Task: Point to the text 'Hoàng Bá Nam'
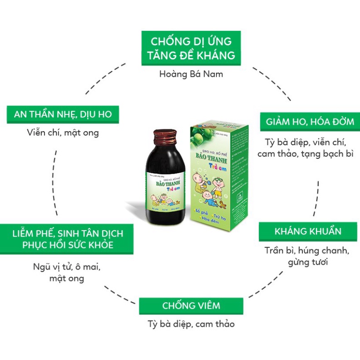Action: tap(191, 73)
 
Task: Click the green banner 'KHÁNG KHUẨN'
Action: tap(308, 232)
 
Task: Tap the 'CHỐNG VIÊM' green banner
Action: tap(191, 306)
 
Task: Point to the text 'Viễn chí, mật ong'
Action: tap(63, 133)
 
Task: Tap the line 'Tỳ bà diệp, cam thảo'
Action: tap(191, 324)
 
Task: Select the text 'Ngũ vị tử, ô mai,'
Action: tap(67, 266)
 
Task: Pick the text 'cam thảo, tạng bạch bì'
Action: tap(305, 153)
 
